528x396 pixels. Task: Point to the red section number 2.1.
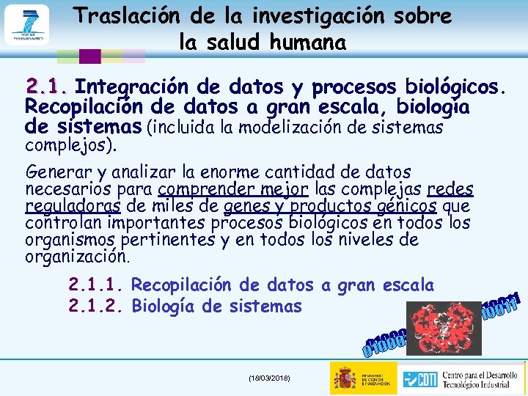pos(47,87)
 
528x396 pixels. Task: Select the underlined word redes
pos(450,190)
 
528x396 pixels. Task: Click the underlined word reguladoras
pos(73,206)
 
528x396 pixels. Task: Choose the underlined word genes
pos(246,206)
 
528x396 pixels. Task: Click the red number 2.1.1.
pos(95,285)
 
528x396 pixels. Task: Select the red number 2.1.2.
pos(95,306)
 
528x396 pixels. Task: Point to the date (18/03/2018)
pos(268,377)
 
